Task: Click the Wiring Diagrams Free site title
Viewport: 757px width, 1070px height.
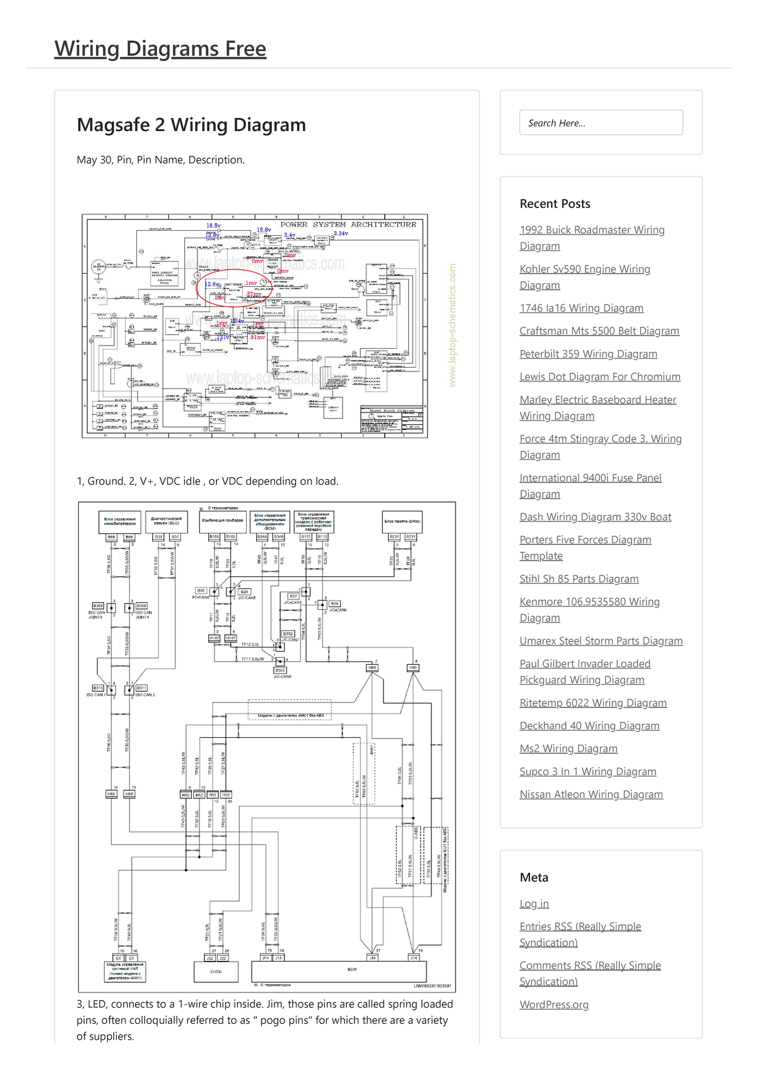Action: (160, 49)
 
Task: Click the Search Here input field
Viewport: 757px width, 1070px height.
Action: (601, 122)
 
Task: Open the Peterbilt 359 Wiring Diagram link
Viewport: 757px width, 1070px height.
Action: (588, 354)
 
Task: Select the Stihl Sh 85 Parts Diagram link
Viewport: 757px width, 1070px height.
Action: (578, 579)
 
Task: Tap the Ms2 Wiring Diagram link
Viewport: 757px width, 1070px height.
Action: (568, 748)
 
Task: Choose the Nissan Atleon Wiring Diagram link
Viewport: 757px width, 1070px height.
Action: (590, 794)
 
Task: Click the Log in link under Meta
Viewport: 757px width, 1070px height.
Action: (534, 904)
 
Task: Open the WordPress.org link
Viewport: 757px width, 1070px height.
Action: (553, 1004)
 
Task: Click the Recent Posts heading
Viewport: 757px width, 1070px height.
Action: (555, 204)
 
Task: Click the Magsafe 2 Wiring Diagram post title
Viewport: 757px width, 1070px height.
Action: (191, 125)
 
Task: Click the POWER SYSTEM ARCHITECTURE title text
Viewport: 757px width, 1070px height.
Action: (348, 224)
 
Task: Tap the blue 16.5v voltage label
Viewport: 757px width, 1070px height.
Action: (213, 225)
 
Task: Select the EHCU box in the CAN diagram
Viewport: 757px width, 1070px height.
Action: (216, 971)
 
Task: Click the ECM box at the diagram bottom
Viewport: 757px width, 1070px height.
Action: (351, 969)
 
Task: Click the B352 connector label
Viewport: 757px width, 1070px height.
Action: (288, 634)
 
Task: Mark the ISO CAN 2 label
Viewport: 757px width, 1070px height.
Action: (144, 695)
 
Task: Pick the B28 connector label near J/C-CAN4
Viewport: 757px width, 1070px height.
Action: (334, 603)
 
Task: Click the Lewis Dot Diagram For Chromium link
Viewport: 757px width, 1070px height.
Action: (599, 376)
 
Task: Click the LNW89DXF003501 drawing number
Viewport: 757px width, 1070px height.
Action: (432, 986)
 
